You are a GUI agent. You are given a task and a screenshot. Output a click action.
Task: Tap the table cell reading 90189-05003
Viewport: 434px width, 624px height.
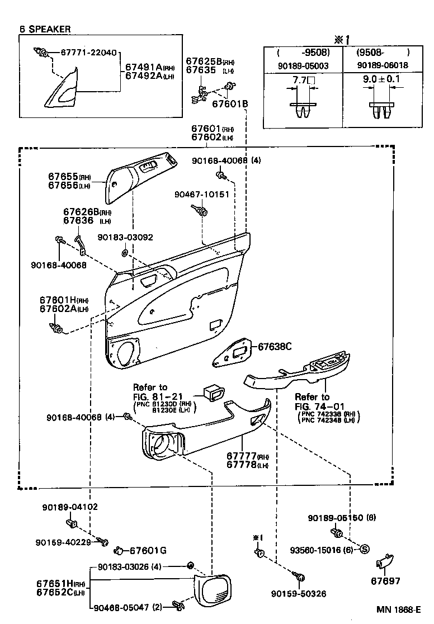[x=303, y=66]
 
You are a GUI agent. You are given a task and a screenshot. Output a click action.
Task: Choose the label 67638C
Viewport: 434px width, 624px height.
[x=275, y=347]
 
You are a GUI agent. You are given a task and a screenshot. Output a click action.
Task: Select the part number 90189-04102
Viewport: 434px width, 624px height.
[x=70, y=507]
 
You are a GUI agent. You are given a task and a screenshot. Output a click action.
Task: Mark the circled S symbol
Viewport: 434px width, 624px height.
[x=364, y=549]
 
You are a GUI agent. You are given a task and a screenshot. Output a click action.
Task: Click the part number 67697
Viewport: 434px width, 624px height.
[x=386, y=581]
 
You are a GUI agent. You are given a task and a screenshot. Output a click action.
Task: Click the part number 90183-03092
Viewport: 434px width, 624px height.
[x=125, y=237]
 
